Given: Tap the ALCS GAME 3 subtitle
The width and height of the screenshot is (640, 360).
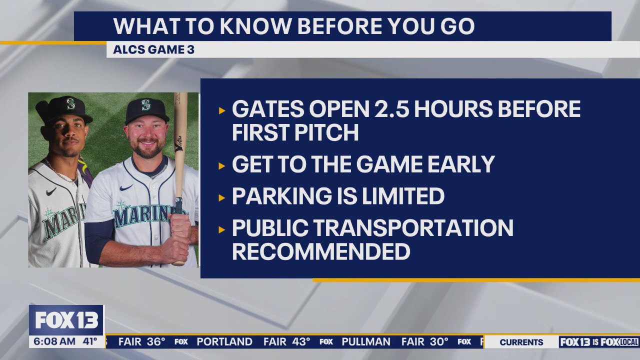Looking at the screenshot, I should coord(153,50).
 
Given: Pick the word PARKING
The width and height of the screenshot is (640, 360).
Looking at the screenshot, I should coord(280,196).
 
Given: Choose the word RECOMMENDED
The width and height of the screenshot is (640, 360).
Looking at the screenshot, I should coord(321,251).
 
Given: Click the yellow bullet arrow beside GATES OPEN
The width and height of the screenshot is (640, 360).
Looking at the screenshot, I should coord(222,110).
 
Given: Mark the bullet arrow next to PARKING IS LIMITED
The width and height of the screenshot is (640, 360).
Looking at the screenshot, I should coord(222,197).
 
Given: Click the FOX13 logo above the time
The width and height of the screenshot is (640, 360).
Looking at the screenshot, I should coord(66,320).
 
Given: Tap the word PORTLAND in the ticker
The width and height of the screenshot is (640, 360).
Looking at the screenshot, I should coord(224,342).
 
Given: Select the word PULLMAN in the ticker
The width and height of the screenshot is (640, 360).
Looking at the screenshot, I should coord(366,342).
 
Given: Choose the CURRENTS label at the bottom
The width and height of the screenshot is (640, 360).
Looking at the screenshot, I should coord(521,342).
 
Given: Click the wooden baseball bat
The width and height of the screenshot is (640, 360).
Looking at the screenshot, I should coord(179,150).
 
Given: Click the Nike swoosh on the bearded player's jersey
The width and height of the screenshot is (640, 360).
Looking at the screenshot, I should coord(126,187).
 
